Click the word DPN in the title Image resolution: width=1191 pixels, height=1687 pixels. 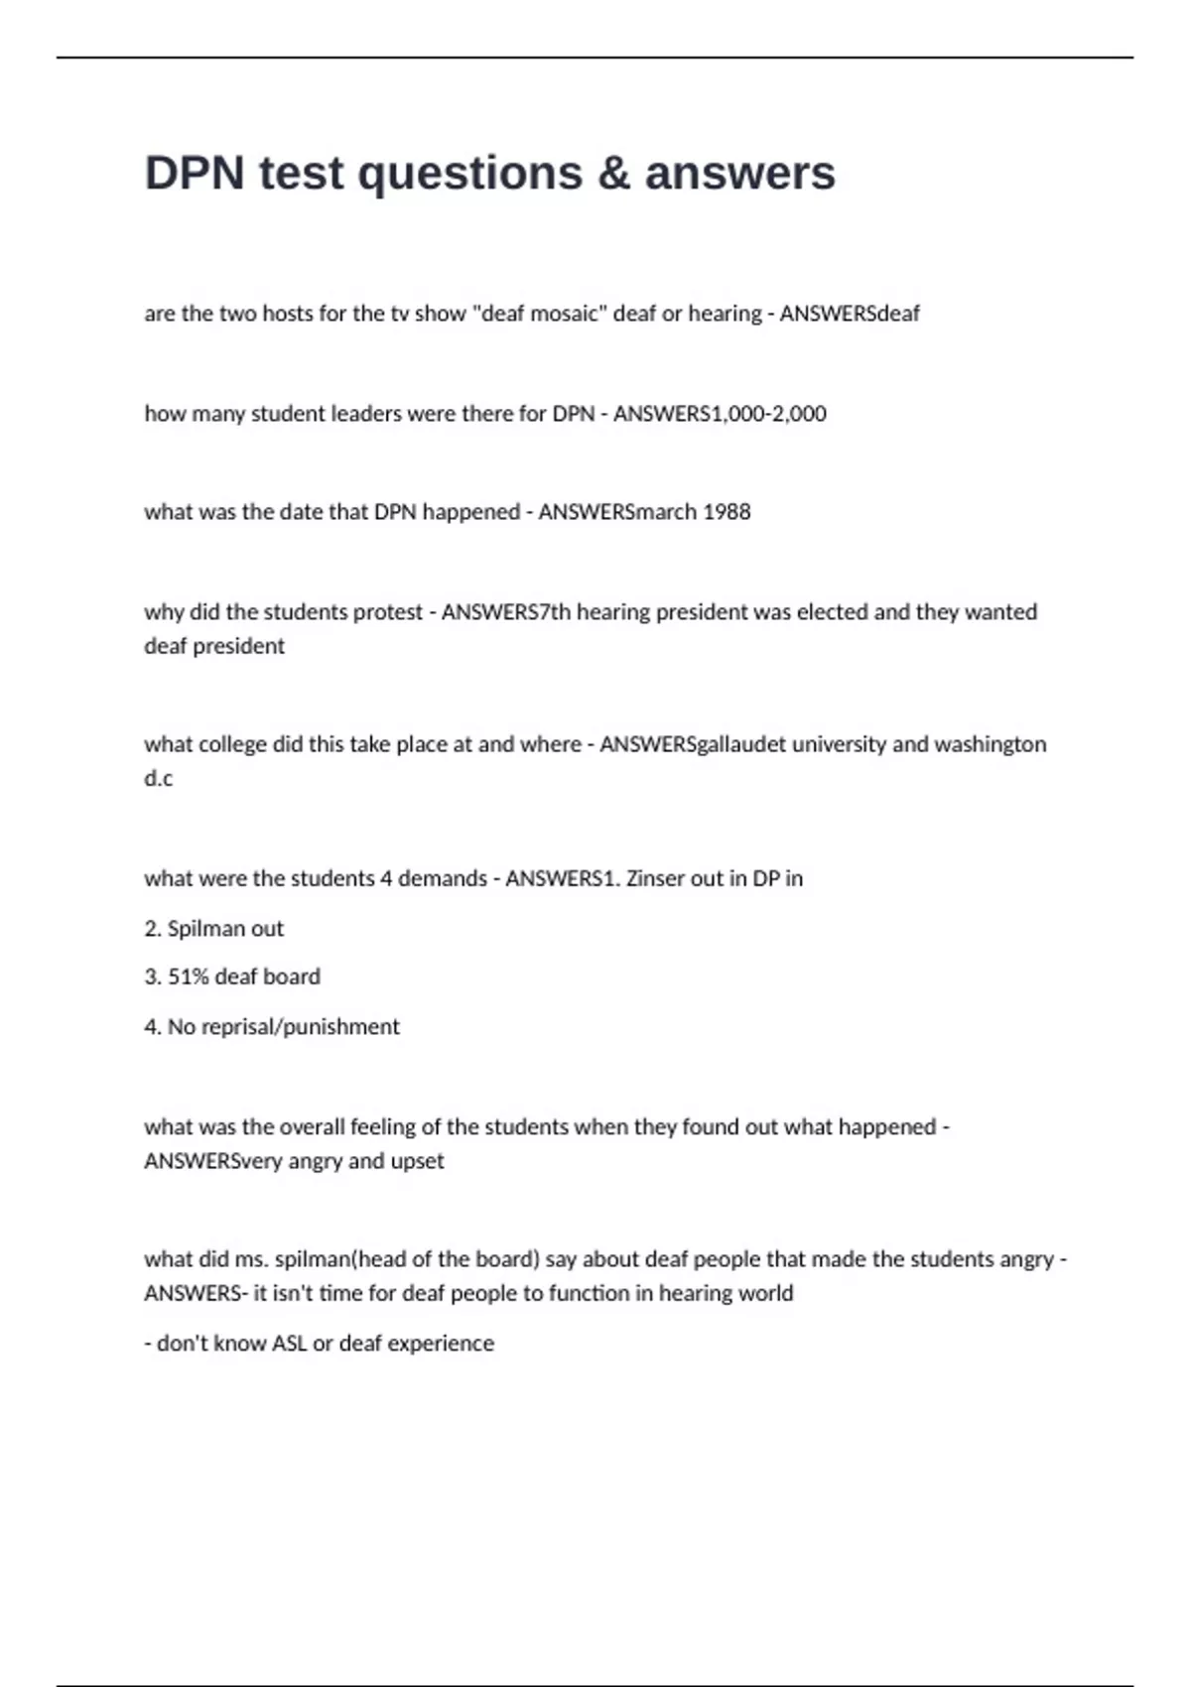(195, 173)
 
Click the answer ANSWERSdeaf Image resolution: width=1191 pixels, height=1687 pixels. (850, 314)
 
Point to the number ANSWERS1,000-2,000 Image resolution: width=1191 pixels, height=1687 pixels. (720, 413)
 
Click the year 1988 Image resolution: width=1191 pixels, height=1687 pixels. (727, 512)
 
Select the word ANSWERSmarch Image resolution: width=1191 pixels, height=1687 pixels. (617, 512)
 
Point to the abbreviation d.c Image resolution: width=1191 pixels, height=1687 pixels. (158, 779)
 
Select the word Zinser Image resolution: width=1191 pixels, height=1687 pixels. (656, 878)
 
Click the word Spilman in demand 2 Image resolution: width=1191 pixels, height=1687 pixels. (198, 929)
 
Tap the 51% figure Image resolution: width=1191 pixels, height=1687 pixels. (188, 976)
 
